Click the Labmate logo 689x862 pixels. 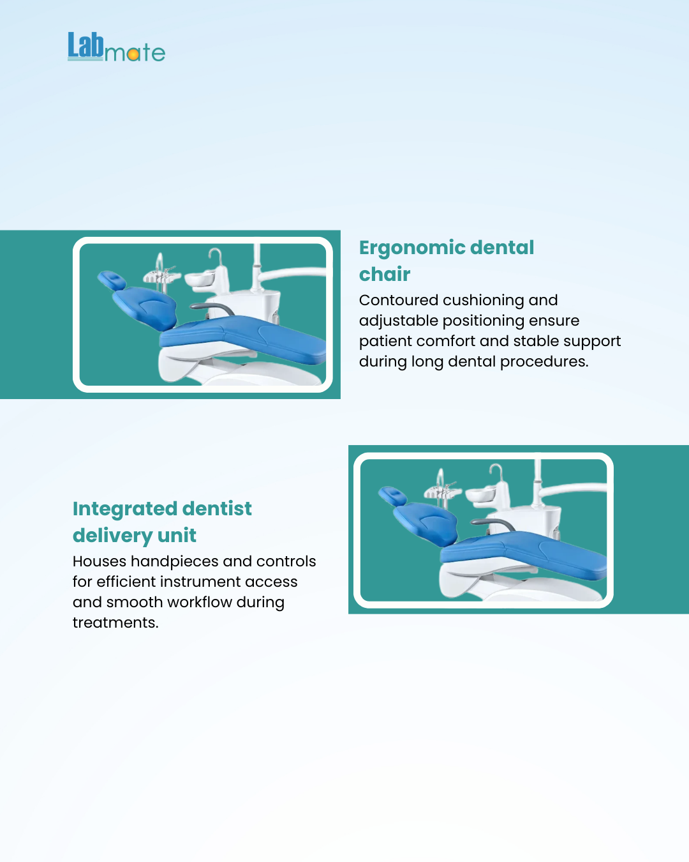tap(116, 47)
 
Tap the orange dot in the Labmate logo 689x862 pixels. tap(134, 54)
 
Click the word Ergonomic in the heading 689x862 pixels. tap(412, 248)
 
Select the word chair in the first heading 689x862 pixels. tap(384, 274)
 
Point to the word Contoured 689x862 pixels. tap(399, 300)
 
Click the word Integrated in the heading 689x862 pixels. tap(125, 510)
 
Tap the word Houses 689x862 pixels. tap(100, 561)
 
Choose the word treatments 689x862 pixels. tap(115, 623)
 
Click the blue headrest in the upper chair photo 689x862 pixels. tap(112, 279)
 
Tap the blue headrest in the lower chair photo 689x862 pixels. tap(392, 495)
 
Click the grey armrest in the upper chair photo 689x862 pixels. tap(212, 308)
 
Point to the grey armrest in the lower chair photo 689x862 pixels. tap(493, 524)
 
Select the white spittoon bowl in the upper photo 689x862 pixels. tap(200, 279)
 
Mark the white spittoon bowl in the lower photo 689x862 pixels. tap(481, 494)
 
